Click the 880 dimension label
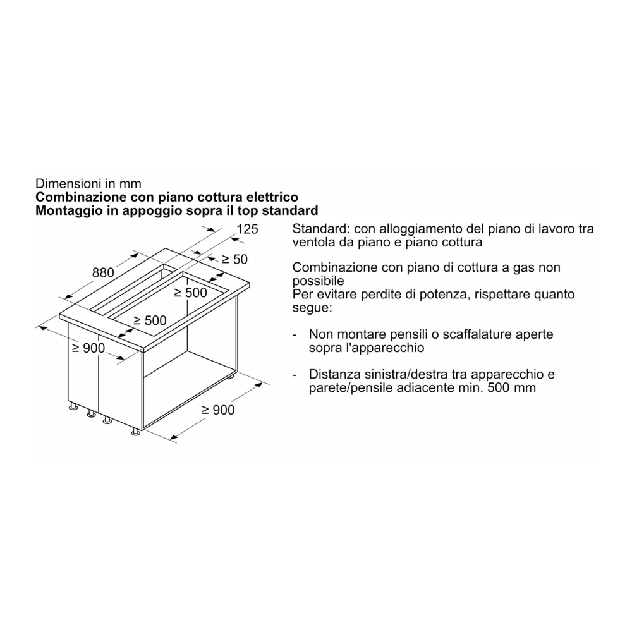click(x=103, y=273)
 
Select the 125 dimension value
click(x=247, y=229)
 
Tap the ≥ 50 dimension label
click(x=234, y=259)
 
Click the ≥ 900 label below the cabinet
click(x=217, y=410)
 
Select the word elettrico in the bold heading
click(x=270, y=197)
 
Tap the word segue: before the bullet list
click(x=312, y=308)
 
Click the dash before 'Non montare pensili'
click(x=295, y=334)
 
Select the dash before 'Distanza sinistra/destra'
click(x=295, y=374)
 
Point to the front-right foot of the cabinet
click(x=135, y=432)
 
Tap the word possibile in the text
click(x=318, y=281)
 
